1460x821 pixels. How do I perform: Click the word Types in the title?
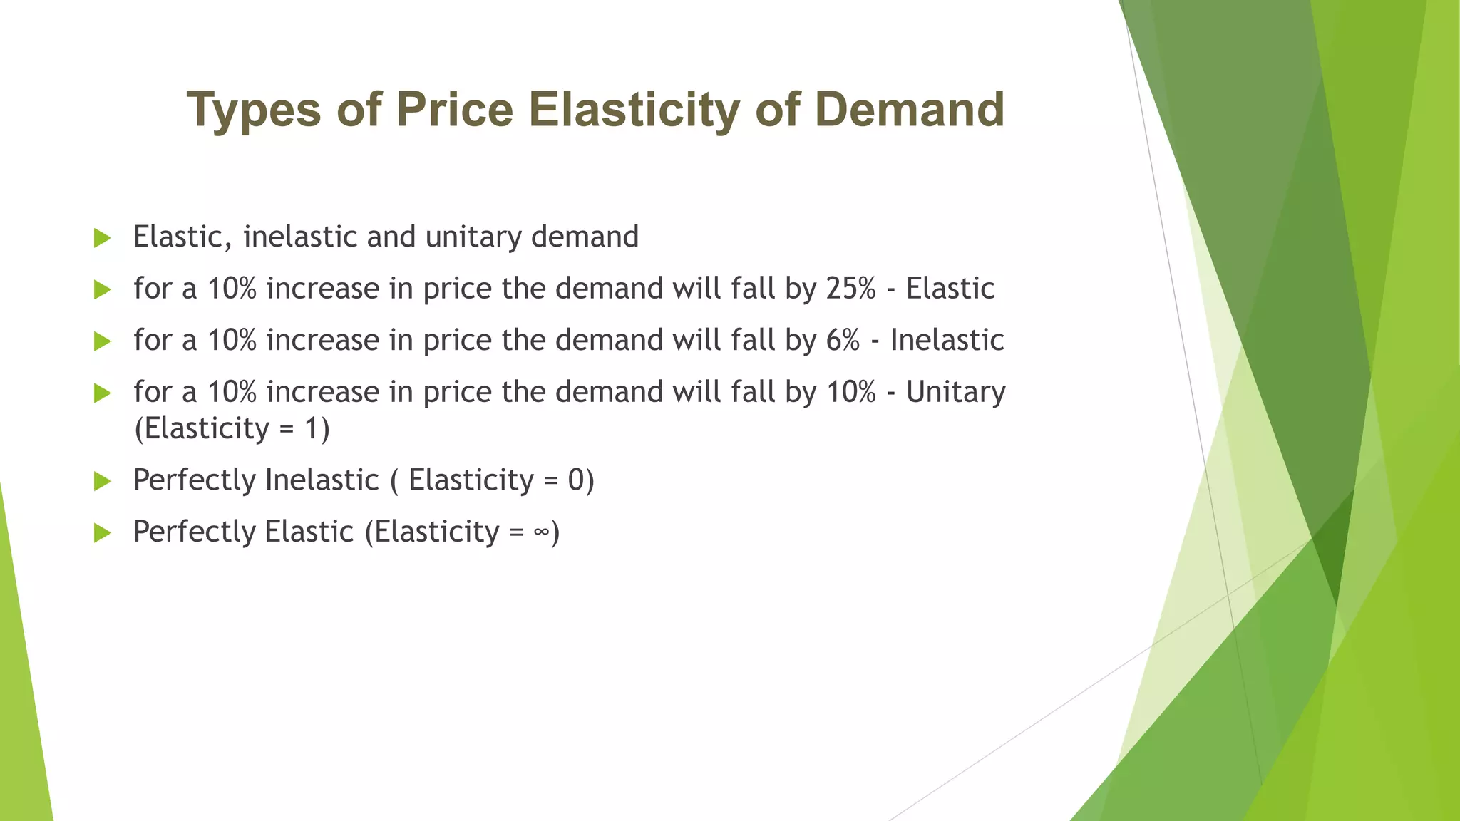(254, 110)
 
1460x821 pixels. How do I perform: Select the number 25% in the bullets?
(850, 289)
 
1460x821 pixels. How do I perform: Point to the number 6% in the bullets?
(843, 340)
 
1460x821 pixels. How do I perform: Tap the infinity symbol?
(541, 532)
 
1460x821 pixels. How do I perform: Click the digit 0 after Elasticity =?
(576, 480)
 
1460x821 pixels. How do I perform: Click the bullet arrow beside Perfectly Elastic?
(103, 532)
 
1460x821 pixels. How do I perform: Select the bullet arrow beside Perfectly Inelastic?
(103, 481)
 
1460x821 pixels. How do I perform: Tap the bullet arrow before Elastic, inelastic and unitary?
(103, 238)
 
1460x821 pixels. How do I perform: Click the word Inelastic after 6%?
(947, 340)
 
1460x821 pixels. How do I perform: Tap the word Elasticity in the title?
(634, 110)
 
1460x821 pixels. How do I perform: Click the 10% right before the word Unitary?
(850, 392)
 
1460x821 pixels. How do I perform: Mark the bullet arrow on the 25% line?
(103, 290)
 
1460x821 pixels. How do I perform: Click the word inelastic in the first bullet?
(299, 237)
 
